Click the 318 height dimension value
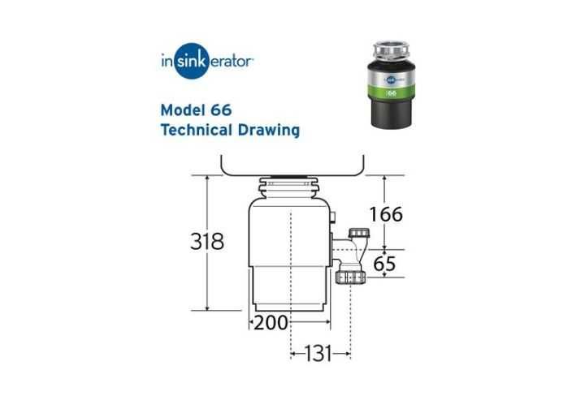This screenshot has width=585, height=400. pos(207,241)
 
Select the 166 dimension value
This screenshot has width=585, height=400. pos(386,214)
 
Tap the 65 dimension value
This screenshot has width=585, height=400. pos(384,264)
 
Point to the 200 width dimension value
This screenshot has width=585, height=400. pos(271,323)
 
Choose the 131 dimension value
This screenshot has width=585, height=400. pos(318,354)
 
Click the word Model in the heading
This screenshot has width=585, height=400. pos(183,110)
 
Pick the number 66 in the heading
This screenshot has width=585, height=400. pos(221,110)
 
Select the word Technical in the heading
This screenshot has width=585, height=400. pos(197,130)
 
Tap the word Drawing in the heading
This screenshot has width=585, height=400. pos(269,131)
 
